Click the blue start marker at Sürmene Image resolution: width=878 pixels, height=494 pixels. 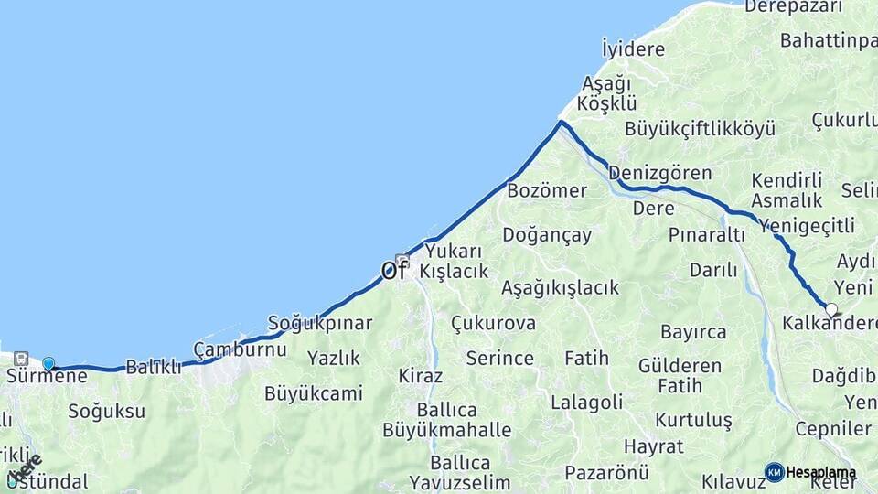(48, 363)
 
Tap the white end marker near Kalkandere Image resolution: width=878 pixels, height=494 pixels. (831, 309)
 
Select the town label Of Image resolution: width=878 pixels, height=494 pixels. (393, 270)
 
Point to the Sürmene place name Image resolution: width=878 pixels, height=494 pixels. (47, 376)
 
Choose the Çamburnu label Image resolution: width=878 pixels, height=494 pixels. (240, 349)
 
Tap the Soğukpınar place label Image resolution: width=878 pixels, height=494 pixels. (319, 323)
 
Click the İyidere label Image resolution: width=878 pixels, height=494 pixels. (633, 48)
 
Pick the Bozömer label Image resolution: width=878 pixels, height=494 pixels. (546, 190)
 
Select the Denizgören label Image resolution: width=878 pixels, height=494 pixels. (659, 173)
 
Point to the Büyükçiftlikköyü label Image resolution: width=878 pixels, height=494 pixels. (700, 128)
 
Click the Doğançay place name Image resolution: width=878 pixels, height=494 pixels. (547, 235)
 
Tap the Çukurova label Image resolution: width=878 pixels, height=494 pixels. (493, 324)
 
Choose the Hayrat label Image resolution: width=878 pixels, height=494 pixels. (653, 446)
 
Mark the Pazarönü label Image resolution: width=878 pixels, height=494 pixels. (606, 472)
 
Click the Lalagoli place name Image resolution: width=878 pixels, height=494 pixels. (586, 402)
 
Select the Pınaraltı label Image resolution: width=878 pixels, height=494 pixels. (707, 235)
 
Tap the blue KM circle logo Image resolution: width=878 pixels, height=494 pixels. (774, 472)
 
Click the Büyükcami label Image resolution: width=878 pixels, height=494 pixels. (313, 394)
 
